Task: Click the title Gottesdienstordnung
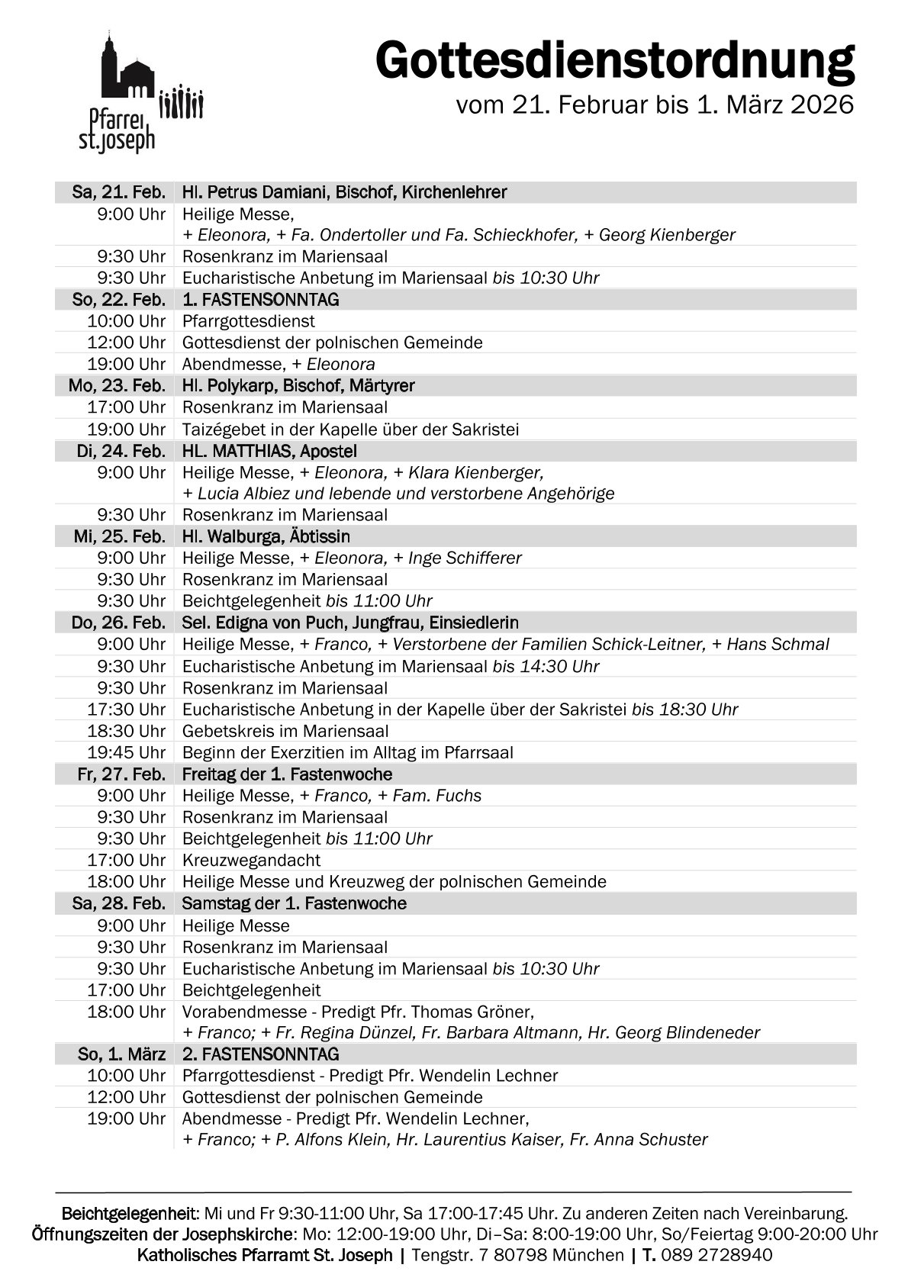click(x=614, y=61)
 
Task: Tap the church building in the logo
click(x=127, y=73)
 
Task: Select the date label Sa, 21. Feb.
click(x=118, y=192)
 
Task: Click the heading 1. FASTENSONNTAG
click(x=260, y=300)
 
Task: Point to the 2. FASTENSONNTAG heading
click(x=260, y=1054)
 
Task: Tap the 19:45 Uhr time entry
click(x=126, y=753)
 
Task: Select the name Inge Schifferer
click(x=465, y=558)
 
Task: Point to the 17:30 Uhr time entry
click(x=126, y=710)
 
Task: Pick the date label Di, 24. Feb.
click(x=121, y=451)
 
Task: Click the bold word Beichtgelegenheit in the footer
click(x=130, y=1213)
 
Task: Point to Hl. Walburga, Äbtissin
click(x=266, y=537)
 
